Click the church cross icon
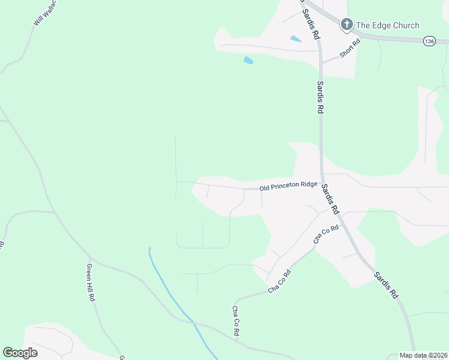tap(346, 25)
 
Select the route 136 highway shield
tap(429, 41)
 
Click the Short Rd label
tap(349, 48)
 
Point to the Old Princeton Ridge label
tap(288, 187)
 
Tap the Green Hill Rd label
tap(91, 282)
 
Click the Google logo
tap(20, 353)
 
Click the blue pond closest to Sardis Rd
tap(295, 39)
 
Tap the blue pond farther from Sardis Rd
tap(248, 60)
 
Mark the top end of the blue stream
tap(149, 248)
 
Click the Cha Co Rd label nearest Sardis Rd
tap(326, 234)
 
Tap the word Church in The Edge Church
tap(405, 25)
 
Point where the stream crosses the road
tap(194, 323)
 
